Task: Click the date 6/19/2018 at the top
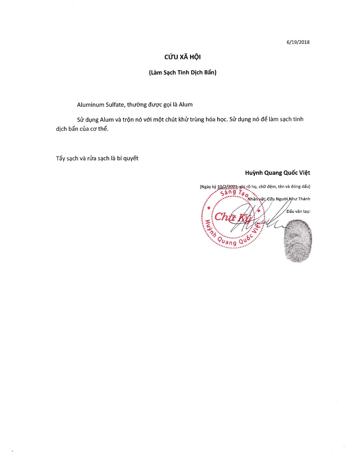point(298,42)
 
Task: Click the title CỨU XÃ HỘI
point(183,57)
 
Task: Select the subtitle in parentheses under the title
point(183,72)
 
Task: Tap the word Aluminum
point(91,105)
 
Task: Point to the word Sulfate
point(115,105)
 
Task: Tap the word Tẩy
point(61,159)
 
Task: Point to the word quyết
point(131,159)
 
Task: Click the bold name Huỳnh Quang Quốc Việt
point(278,173)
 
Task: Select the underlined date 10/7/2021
point(227,187)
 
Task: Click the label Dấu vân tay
point(298,211)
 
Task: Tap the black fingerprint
point(298,241)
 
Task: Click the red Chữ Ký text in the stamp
point(232,217)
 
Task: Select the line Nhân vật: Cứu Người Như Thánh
point(279,199)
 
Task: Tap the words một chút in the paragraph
point(165,119)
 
